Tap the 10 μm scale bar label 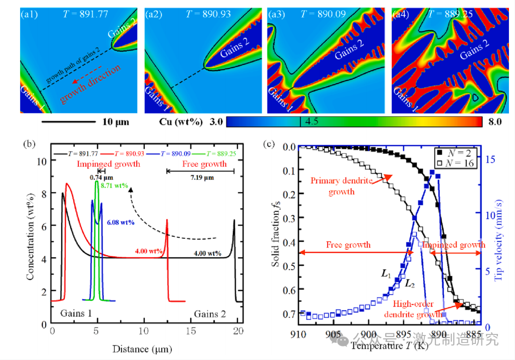tap(116, 122)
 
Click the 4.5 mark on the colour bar tap(313, 122)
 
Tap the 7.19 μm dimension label tap(200, 178)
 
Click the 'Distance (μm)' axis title tap(145, 348)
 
